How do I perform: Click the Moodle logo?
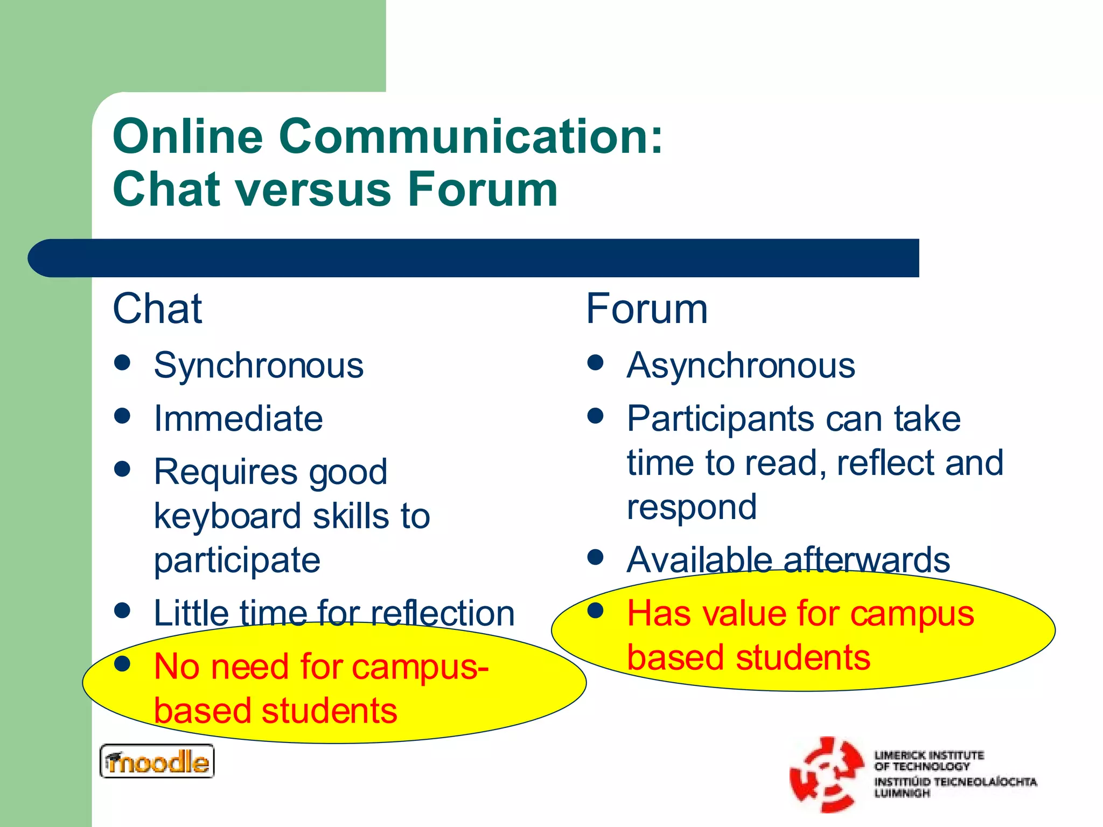click(x=157, y=761)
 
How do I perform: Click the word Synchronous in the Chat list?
click(x=259, y=366)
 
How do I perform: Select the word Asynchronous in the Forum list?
click(x=741, y=366)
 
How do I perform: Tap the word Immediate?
click(x=238, y=418)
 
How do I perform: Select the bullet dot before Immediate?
click(x=123, y=416)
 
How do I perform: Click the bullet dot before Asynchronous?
click(x=595, y=362)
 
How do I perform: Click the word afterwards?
click(x=867, y=560)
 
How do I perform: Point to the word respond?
click(x=692, y=507)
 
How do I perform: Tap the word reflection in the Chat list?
click(x=442, y=613)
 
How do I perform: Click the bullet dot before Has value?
click(x=595, y=611)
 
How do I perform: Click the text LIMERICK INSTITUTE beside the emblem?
click(x=929, y=755)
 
